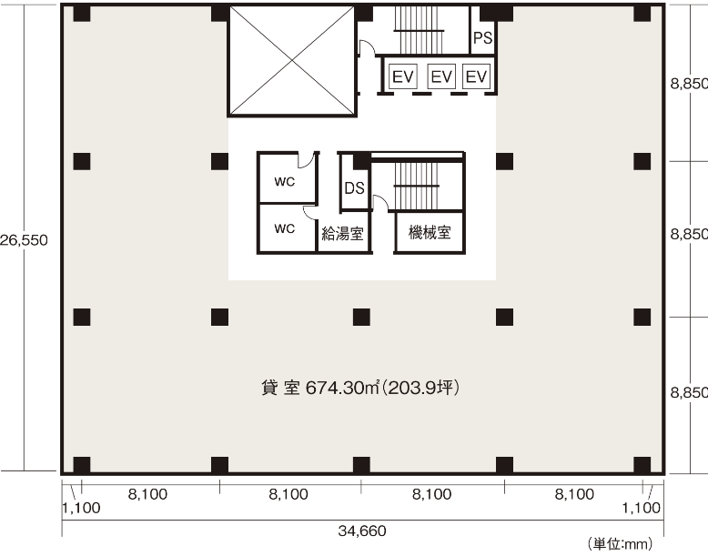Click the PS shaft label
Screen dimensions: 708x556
click(x=482, y=38)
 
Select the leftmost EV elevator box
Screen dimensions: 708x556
click(x=403, y=76)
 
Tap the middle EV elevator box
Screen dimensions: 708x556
click(x=441, y=76)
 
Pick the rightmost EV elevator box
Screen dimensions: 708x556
click(x=476, y=76)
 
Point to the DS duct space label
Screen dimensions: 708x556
click(x=354, y=187)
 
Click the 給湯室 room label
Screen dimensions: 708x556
click(x=342, y=234)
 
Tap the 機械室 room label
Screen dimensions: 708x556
click(x=430, y=233)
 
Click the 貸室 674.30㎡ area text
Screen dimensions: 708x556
click(x=360, y=388)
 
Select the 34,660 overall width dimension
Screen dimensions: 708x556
click(x=362, y=531)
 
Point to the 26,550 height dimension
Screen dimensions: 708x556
click(x=24, y=240)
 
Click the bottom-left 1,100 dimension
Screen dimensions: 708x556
click(x=81, y=508)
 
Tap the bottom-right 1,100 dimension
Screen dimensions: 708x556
click(x=642, y=508)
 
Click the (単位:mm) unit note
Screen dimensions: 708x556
click(x=620, y=544)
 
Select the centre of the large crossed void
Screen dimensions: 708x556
click(x=292, y=60)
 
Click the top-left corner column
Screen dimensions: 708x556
click(x=82, y=14)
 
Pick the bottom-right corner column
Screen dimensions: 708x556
click(x=642, y=465)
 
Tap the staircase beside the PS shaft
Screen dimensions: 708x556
click(x=419, y=30)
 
